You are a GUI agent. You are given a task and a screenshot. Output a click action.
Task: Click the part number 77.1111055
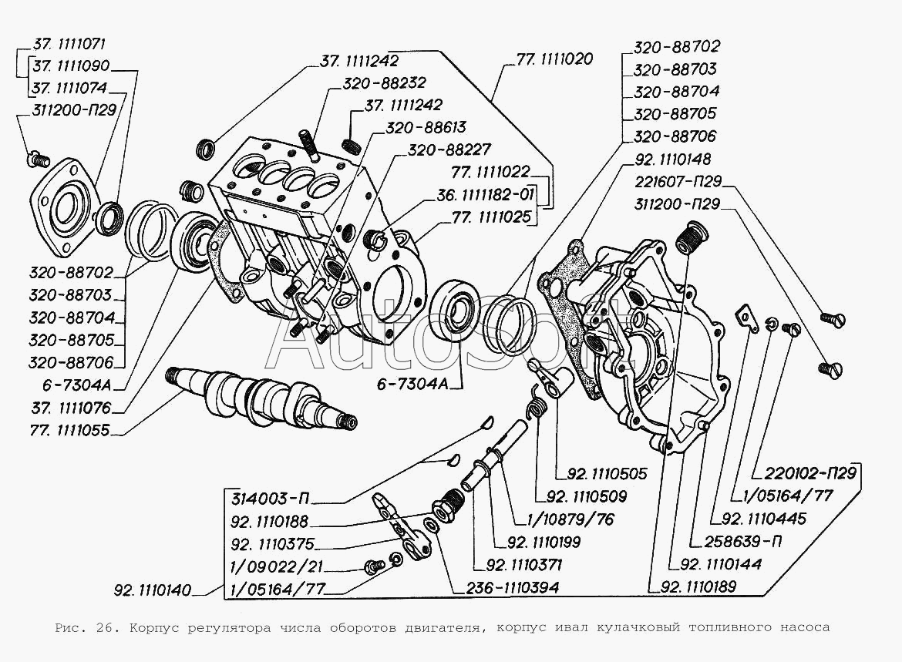(69, 431)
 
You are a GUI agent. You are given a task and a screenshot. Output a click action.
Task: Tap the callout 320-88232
(384, 82)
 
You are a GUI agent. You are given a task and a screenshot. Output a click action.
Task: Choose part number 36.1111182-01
(486, 195)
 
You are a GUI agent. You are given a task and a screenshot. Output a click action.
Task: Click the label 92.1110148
(673, 159)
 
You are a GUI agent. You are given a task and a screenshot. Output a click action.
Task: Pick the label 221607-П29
(678, 182)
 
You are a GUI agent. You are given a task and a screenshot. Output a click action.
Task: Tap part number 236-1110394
(506, 587)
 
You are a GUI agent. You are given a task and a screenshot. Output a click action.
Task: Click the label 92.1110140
(153, 590)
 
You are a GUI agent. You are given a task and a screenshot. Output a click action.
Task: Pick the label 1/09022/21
(275, 566)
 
